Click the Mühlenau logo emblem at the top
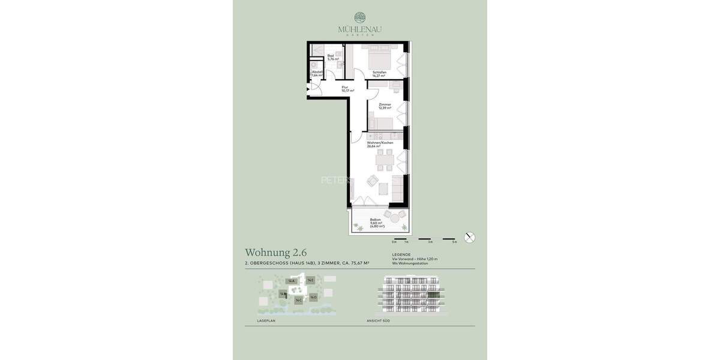pyautogui.click(x=359, y=17)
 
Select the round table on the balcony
pyautogui.click(x=395, y=221)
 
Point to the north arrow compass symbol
pyautogui.click(x=470, y=237)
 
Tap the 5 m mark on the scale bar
pyautogui.click(x=454, y=242)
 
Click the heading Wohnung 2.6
pyautogui.click(x=275, y=253)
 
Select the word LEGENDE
pyautogui.click(x=401, y=254)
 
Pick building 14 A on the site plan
pyautogui.click(x=292, y=281)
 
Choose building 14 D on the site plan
pyautogui.click(x=313, y=296)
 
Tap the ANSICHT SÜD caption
pyautogui.click(x=379, y=321)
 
